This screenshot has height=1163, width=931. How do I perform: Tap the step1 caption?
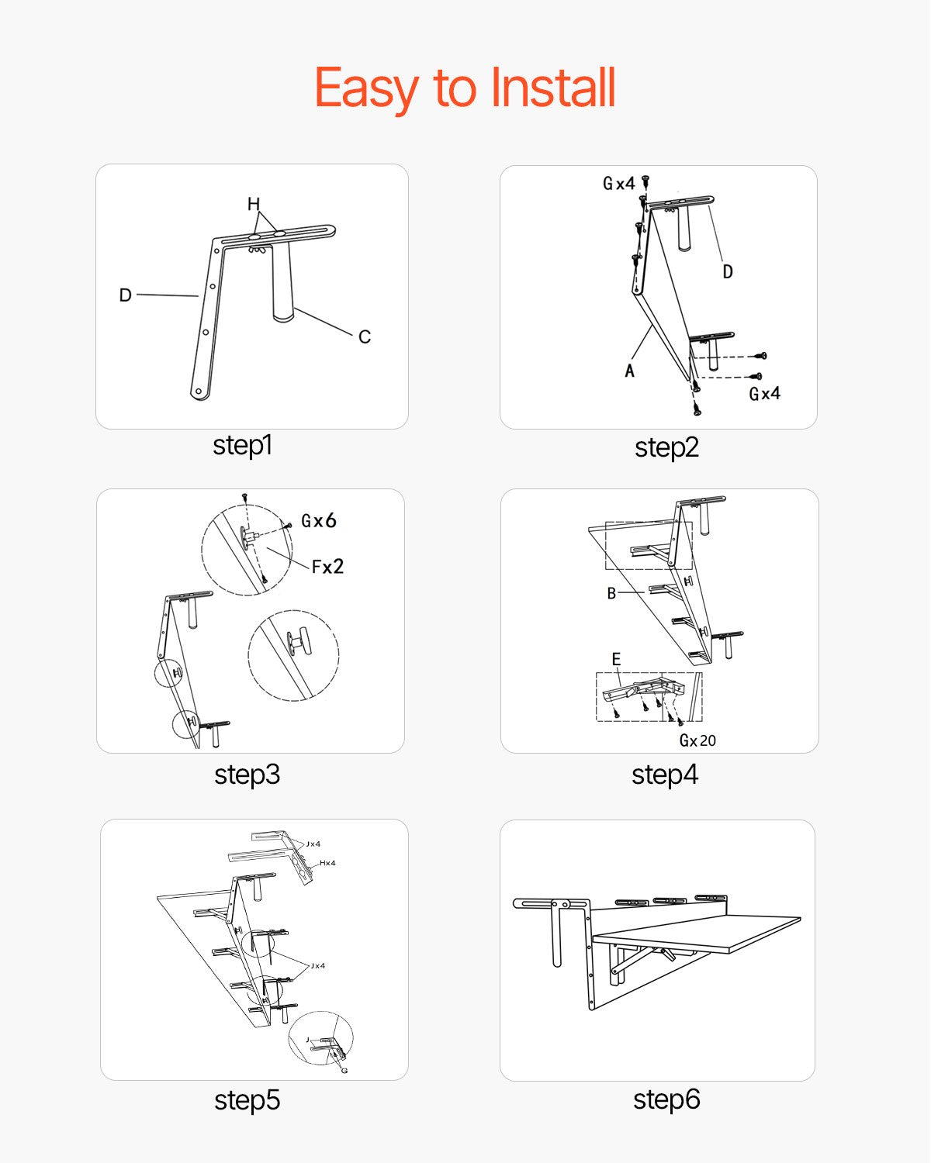point(242,445)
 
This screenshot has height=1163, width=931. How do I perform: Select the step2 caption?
point(666,447)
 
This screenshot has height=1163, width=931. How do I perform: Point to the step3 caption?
point(247,774)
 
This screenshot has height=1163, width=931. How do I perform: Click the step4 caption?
point(665,774)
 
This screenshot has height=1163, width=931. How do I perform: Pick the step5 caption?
point(247,1099)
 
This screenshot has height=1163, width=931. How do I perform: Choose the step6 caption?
point(666,1099)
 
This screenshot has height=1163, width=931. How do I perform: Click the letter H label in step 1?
point(254,204)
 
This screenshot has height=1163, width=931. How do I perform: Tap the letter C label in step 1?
point(364,336)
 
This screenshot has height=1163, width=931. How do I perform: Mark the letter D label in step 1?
point(125,295)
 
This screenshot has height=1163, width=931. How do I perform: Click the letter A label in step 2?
point(629,371)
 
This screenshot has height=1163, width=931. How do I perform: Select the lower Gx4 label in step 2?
point(764,394)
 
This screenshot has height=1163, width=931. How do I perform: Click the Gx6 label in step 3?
point(318,521)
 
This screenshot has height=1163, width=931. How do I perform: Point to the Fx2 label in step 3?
point(327,567)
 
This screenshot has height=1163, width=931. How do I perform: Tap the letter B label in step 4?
point(611,593)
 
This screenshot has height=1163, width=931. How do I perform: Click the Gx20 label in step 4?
point(697,740)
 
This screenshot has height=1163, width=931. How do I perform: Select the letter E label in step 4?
point(616,659)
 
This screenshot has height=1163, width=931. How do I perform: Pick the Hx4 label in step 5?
point(327,863)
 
